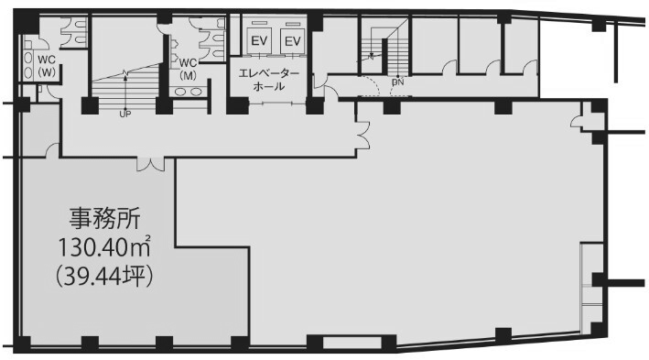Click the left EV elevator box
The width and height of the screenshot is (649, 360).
tap(259, 40)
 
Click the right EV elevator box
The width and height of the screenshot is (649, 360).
tap(292, 40)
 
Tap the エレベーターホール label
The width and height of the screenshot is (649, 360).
tap(268, 81)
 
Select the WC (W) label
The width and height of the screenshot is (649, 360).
tap(47, 66)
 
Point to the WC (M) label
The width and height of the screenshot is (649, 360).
tap(188, 70)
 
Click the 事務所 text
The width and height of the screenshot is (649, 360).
tap(104, 219)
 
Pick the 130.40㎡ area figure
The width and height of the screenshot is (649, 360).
tap(103, 247)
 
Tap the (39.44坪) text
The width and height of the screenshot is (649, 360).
tap(104, 276)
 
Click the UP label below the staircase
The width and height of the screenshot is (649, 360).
tap(124, 114)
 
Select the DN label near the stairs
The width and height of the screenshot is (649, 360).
tap(398, 82)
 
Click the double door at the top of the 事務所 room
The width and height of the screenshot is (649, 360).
tap(151, 165)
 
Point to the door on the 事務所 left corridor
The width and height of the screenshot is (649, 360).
tap(52, 150)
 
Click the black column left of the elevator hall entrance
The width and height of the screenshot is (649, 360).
tap(237, 106)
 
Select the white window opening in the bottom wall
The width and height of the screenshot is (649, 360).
tap(352, 344)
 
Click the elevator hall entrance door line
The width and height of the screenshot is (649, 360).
tap(277, 104)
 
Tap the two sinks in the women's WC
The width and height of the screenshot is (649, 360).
tap(27, 66)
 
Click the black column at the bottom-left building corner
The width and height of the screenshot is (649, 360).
tap(23, 344)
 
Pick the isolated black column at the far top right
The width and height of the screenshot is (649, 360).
tap(599, 26)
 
